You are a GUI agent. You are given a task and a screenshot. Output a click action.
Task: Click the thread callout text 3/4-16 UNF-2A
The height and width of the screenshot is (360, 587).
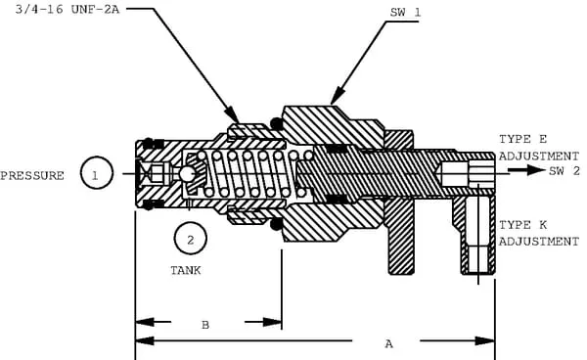tap(68, 10)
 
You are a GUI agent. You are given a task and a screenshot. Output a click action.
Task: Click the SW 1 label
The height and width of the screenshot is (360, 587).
tap(405, 13)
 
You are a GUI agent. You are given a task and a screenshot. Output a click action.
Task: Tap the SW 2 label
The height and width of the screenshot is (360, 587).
tap(564, 170)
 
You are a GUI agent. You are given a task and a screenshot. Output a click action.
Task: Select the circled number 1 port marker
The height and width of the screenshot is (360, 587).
tap(96, 172)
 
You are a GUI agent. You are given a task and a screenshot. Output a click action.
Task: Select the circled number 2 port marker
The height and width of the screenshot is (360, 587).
tap(190, 239)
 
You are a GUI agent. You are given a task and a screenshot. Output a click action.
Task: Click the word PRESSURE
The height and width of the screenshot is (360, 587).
tap(32, 175)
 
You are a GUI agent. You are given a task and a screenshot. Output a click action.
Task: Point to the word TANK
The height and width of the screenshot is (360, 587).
tap(186, 270)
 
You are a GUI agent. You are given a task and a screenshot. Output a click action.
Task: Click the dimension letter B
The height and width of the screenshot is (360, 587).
tap(205, 325)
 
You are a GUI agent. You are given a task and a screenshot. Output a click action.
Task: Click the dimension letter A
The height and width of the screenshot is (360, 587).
tap(389, 343)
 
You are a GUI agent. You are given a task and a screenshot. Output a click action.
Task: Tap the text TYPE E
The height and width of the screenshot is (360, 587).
tap(522, 139)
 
